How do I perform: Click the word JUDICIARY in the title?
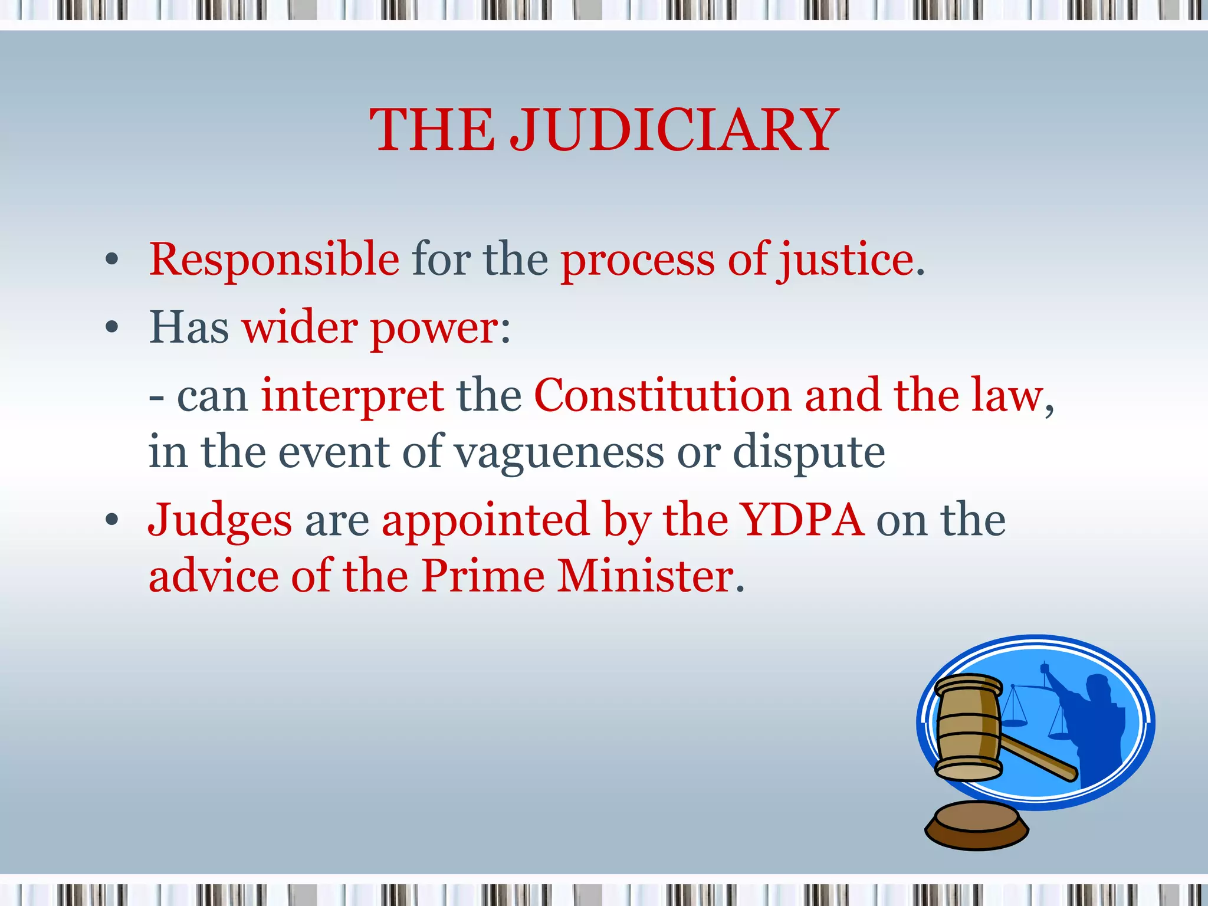674,130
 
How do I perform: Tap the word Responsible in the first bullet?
274,260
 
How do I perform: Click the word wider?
300,328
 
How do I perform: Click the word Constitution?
662,395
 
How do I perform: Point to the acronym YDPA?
803,520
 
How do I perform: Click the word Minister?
646,576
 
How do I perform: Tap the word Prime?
483,576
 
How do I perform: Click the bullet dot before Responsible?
111,260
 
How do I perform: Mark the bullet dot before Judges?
111,520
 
